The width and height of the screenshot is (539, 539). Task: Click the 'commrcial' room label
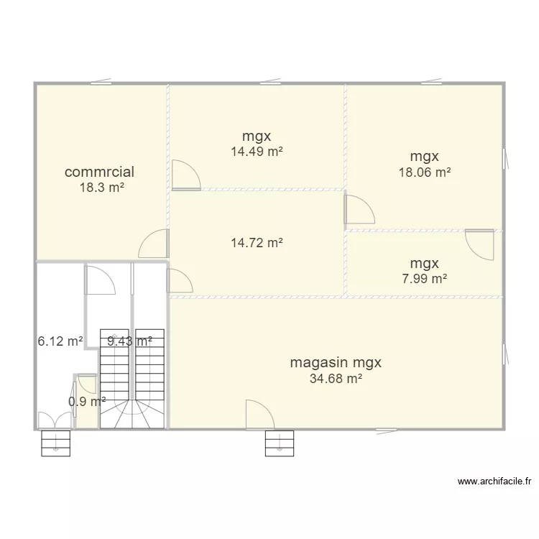point(99,172)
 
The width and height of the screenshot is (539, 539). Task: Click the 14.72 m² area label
point(256,243)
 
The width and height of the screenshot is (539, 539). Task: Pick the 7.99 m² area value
point(424,279)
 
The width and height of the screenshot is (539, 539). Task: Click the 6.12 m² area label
point(60,341)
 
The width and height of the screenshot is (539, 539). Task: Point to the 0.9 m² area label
point(87,402)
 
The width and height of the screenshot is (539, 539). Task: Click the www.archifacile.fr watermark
point(494,482)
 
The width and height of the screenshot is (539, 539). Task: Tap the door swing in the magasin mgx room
point(259,415)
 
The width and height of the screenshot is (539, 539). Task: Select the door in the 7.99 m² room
point(479,244)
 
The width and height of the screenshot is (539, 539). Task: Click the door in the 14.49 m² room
point(185,175)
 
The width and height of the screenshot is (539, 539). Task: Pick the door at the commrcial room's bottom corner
point(154,244)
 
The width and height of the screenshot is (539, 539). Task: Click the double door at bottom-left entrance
point(55,420)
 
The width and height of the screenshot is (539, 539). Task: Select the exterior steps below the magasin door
point(279,443)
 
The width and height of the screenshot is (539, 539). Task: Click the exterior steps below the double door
point(55,443)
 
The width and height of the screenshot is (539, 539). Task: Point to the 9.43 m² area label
point(129,341)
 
